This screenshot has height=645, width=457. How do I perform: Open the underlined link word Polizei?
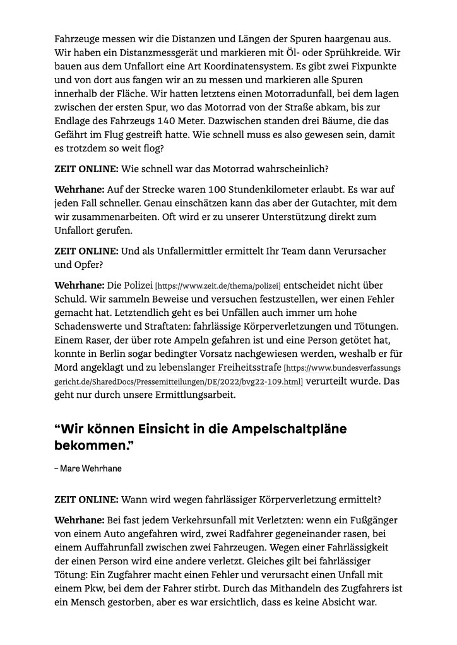pyautogui.click(x=138, y=286)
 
